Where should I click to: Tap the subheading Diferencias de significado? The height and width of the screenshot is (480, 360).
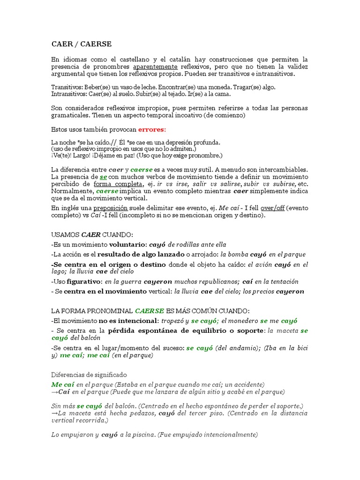[89, 375]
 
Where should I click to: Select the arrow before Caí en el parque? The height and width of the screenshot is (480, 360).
[54, 391]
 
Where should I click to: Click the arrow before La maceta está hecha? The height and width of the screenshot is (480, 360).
[54, 413]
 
